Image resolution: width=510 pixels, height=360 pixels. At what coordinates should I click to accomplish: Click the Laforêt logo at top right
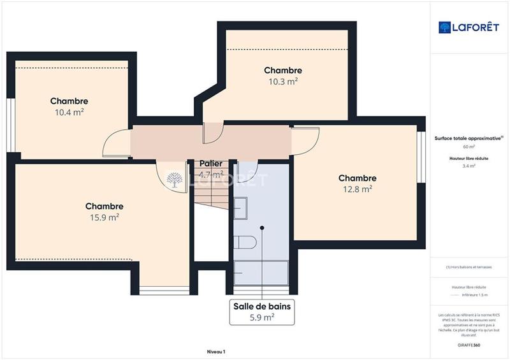tap(468, 27)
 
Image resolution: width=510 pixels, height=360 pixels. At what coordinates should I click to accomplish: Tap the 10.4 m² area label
tap(69, 112)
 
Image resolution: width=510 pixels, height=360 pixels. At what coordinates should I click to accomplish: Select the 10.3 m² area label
tap(283, 82)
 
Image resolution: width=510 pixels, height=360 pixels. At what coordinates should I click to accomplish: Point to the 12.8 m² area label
tap(357, 189)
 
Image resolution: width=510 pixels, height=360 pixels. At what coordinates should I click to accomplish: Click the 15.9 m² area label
tap(104, 217)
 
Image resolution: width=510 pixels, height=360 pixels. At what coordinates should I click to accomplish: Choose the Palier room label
tap(210, 164)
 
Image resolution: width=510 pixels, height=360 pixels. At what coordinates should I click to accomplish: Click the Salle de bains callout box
tap(262, 312)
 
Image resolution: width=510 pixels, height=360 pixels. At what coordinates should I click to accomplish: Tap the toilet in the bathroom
tap(245, 242)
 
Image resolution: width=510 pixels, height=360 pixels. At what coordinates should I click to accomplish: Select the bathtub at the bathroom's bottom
tap(261, 272)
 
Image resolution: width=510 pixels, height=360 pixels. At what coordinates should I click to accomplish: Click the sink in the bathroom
tap(240, 208)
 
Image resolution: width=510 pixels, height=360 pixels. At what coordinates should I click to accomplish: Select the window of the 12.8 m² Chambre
tap(421, 157)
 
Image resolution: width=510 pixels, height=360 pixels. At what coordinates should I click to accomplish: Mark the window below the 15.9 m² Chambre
tap(164, 291)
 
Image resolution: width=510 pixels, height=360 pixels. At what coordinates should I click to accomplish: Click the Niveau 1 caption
tap(216, 351)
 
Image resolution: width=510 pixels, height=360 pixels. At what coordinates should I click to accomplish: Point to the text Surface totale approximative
tap(468, 138)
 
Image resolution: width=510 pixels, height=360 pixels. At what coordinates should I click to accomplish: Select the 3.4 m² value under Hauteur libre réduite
tap(468, 166)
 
